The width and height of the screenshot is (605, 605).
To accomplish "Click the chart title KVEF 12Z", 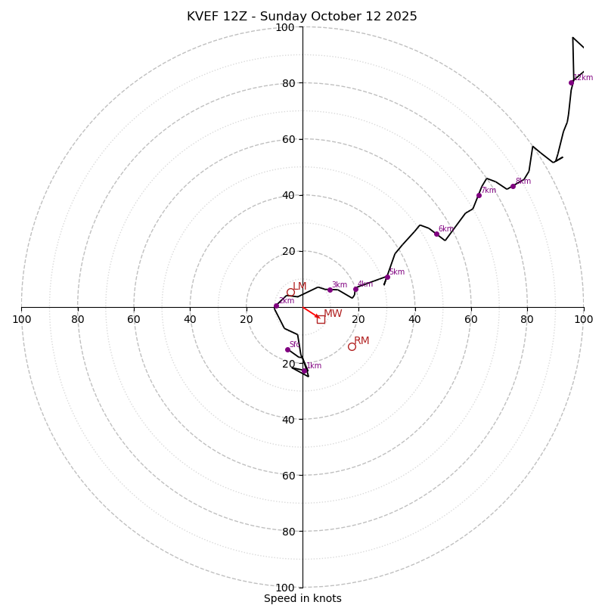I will pos(302,17).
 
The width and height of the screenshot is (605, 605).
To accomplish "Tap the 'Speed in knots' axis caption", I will pos(302,598).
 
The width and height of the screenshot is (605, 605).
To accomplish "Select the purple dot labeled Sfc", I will pos(287,349).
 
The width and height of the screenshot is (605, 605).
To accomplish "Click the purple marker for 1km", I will pos(305,371).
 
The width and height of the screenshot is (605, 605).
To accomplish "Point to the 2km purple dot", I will pos(276,306).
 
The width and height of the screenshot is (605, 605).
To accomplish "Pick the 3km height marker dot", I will pos(330,290).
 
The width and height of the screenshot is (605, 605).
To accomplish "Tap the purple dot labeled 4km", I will pos(355,289).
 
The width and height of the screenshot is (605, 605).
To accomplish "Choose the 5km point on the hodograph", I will pos(387,277).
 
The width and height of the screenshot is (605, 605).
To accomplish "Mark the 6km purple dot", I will pos(436,234).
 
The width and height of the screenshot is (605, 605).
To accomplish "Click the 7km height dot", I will pos(479,195).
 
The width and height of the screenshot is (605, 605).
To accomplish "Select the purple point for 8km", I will pos(513,186).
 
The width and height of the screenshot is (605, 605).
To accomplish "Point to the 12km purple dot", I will pos(571,82).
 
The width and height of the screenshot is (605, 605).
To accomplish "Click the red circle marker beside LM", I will pos(290,292).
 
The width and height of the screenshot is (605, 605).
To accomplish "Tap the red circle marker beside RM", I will pos(352,346).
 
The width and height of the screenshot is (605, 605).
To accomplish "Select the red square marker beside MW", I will pos(321,319).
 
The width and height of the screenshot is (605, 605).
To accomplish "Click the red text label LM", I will pos(299,287).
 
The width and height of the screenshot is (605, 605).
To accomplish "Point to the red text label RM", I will pos(361,341).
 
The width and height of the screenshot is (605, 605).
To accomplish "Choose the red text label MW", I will pos(333,314).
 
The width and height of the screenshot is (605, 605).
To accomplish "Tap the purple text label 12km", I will pos(583,78).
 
